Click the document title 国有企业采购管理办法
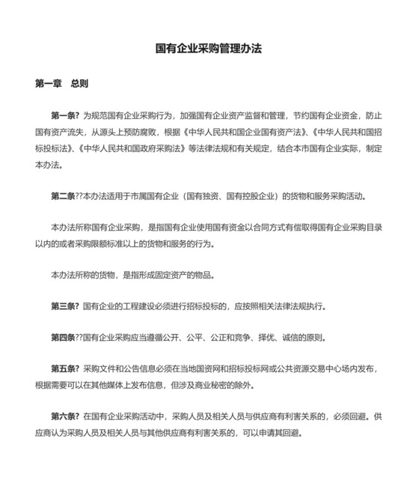click(209, 49)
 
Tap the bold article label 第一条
click(65, 116)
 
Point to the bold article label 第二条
click(65, 197)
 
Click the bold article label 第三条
click(65, 306)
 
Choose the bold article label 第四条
click(65, 338)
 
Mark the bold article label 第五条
click(65, 370)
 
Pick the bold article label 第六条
click(65, 416)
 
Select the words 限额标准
click(119, 243)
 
